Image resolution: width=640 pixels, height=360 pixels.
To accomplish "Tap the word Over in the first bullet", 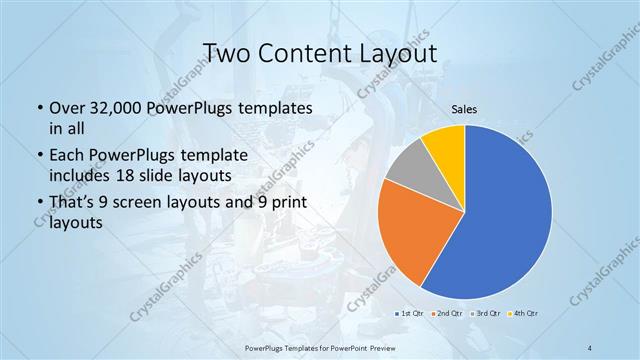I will point(66,107).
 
